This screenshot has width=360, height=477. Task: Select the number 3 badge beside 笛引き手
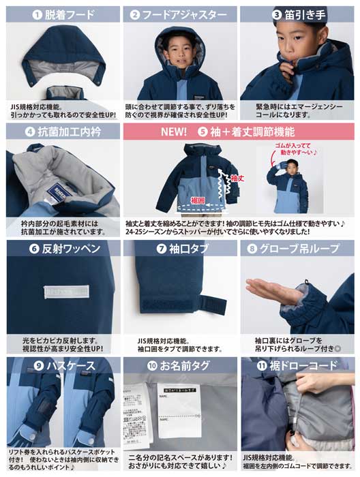click(x=277, y=14)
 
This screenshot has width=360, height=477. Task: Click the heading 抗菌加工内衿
click(x=68, y=132)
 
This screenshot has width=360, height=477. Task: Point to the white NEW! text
click(x=174, y=132)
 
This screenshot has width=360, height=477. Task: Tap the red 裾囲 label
click(x=198, y=201)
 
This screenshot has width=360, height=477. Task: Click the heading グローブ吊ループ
click(x=304, y=249)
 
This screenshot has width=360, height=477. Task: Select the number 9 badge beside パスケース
click(x=38, y=366)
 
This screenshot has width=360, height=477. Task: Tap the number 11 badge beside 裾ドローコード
click(x=262, y=366)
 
